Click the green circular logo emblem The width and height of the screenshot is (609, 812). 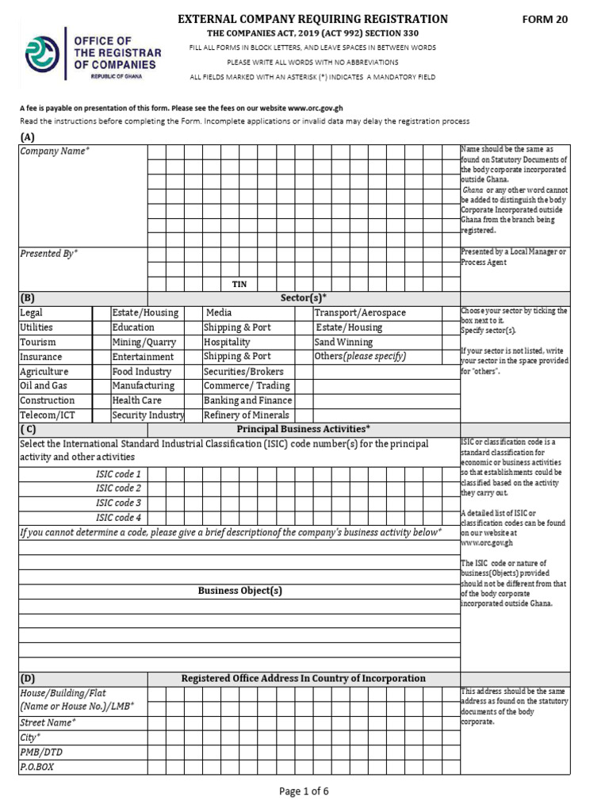[42, 54]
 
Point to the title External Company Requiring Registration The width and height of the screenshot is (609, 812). [312, 19]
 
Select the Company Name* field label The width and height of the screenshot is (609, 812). [55, 151]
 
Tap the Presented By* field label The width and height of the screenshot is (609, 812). [48, 254]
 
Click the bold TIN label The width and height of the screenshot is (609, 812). [239, 284]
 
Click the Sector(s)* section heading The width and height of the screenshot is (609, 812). [304, 298]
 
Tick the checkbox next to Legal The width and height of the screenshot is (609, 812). [101, 313]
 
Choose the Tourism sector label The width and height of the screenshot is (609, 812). [38, 343]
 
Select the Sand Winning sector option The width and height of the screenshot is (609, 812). [343, 343]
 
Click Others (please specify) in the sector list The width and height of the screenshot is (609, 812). [360, 357]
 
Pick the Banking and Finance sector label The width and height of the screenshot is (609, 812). [247, 400]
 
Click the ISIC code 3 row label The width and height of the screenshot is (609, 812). [118, 503]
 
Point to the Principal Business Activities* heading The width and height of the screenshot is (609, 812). [304, 429]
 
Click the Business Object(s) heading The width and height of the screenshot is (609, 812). [239, 591]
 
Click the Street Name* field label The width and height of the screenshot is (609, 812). [48, 722]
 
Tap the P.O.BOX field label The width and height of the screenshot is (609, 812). [36, 768]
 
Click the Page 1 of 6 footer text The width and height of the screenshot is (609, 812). [304, 791]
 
